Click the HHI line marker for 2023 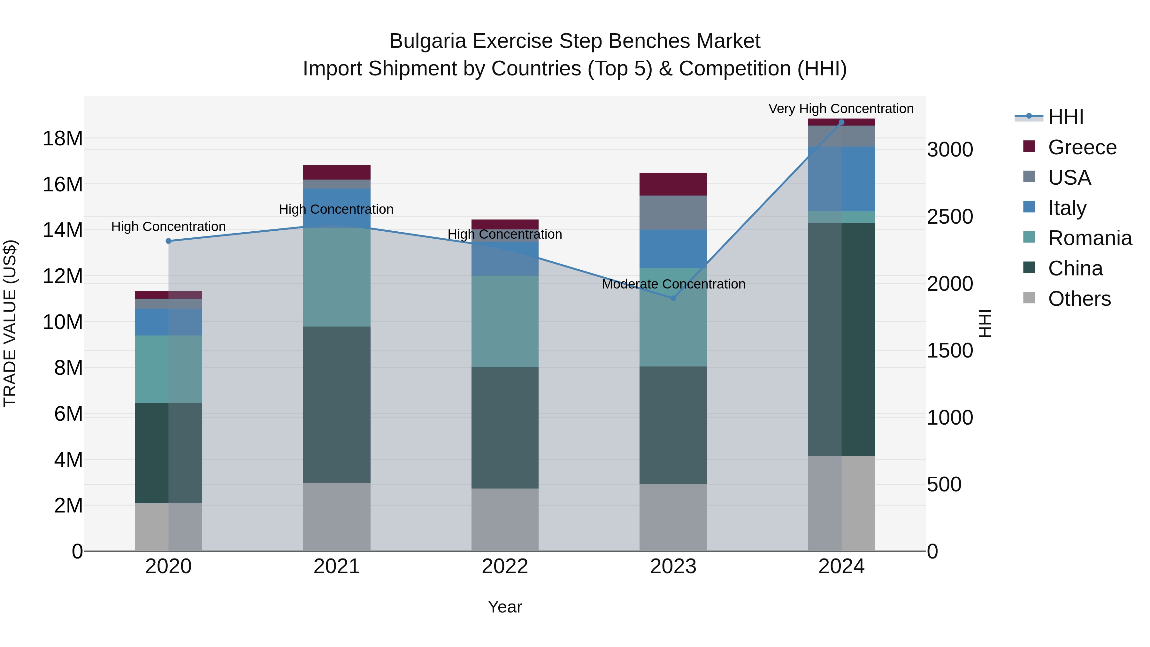(x=673, y=298)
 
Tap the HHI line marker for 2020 (x=168, y=241)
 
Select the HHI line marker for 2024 (x=841, y=122)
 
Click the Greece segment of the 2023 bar (x=673, y=184)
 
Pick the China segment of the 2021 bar (x=337, y=404)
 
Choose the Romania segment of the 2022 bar (x=505, y=321)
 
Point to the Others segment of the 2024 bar (x=841, y=503)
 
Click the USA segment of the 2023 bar (x=673, y=212)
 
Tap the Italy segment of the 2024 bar (x=841, y=179)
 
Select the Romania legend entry (x=1089, y=238)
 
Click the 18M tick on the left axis (x=63, y=138)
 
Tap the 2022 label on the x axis (x=505, y=566)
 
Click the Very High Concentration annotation (x=841, y=109)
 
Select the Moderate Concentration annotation (x=673, y=284)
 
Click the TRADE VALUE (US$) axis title (x=10, y=323)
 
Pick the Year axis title (x=505, y=607)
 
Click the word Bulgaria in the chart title (x=428, y=41)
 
